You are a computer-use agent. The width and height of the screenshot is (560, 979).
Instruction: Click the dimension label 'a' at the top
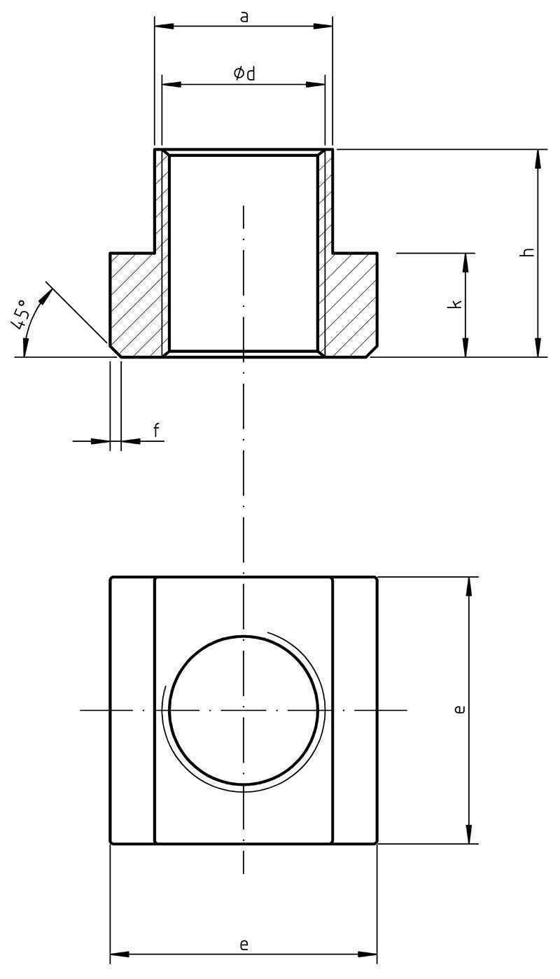pyautogui.click(x=244, y=18)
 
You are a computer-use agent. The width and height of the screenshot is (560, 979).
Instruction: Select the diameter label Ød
pyautogui.click(x=244, y=73)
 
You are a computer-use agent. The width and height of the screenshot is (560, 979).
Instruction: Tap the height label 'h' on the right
pyautogui.click(x=528, y=252)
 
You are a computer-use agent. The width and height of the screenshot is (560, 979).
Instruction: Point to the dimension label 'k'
pyautogui.click(x=456, y=304)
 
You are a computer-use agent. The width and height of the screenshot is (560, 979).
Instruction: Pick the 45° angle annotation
pyautogui.click(x=20, y=314)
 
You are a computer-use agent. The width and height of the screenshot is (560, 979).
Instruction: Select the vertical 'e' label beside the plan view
pyautogui.click(x=459, y=709)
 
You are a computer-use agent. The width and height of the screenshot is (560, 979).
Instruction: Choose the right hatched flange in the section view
pyautogui.click(x=351, y=304)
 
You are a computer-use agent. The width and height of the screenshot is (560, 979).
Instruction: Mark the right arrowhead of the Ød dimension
pyautogui.click(x=316, y=84)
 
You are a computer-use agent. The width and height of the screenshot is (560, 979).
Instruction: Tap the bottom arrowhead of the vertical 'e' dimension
pyautogui.click(x=470, y=833)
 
